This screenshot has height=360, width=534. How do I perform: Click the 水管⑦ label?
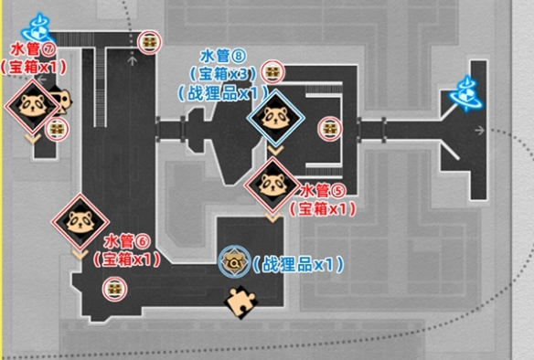click(33, 50)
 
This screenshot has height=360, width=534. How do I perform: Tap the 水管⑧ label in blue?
click(223, 56)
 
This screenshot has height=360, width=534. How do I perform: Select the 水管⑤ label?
click(323, 191)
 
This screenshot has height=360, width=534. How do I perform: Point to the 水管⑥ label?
click(127, 242)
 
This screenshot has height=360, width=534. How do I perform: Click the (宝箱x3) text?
click(223, 73)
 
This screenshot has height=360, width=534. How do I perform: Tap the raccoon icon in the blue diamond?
click(275, 118)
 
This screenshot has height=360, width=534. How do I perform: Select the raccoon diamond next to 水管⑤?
click(272, 185)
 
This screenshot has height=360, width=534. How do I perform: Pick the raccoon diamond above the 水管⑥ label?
click(80, 222)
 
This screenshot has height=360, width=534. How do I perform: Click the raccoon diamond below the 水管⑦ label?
click(32, 105)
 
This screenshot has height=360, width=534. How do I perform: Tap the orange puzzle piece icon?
click(241, 302)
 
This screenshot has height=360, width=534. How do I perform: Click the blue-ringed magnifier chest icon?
click(234, 261)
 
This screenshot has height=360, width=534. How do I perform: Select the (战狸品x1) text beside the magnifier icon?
click(297, 265)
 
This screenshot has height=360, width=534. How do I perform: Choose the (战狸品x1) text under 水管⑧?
click(223, 93)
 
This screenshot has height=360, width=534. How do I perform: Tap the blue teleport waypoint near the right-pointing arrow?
click(466, 93)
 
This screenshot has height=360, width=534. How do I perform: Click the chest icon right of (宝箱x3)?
click(272, 72)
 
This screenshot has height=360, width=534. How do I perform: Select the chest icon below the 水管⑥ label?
click(115, 290)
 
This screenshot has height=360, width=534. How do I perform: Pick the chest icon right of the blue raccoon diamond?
click(330, 129)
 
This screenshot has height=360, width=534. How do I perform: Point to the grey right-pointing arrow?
click(480, 130)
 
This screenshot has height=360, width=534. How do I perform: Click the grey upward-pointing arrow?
click(133, 61)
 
